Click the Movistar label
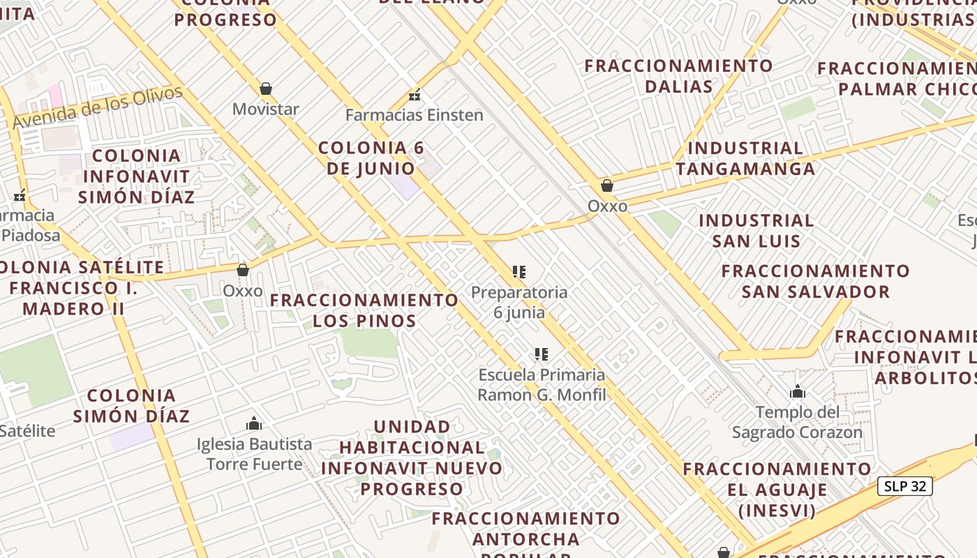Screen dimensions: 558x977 pyautogui.click(x=265, y=110)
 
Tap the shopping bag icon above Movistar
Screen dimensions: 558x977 pyautogui.click(x=265, y=89)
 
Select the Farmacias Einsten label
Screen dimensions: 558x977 pyautogui.click(x=415, y=115)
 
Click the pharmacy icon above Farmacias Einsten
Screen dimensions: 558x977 pyautogui.click(x=415, y=95)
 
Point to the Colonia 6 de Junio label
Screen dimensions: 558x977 pyautogui.click(x=371, y=158)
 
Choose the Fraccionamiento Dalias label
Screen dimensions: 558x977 pyautogui.click(x=678, y=76)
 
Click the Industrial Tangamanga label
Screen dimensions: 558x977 pyautogui.click(x=745, y=158)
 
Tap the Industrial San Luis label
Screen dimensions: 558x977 pyautogui.click(x=756, y=231)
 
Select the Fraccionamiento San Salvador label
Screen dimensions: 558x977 pyautogui.click(x=816, y=280)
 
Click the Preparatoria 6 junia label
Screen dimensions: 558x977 pyautogui.click(x=519, y=302)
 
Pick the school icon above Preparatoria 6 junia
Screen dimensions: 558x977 pyautogui.click(x=519, y=271)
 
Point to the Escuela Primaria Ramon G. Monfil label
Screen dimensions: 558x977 pyautogui.click(x=542, y=384)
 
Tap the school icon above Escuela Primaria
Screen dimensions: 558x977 pyautogui.click(x=541, y=354)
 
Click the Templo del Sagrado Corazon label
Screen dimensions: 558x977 pyautogui.click(x=798, y=422)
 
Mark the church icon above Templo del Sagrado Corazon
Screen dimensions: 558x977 pyautogui.click(x=798, y=392)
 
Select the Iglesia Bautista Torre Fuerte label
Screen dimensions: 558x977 pyautogui.click(x=255, y=453)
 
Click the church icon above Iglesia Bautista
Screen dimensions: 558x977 pyautogui.click(x=254, y=423)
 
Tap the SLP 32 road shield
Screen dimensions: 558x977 pyautogui.click(x=905, y=486)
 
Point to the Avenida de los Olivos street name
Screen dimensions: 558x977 pyautogui.click(x=98, y=107)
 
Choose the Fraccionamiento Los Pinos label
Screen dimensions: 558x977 pyautogui.click(x=364, y=310)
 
